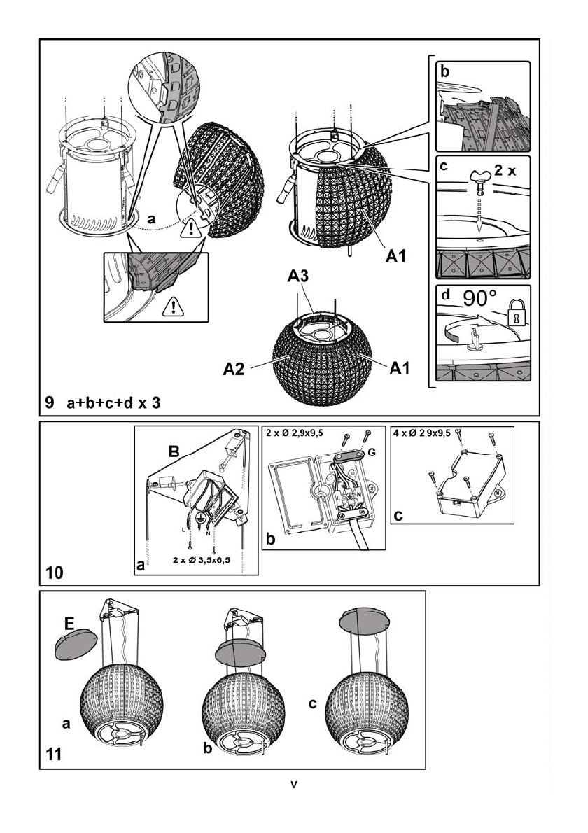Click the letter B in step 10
(x=175, y=453)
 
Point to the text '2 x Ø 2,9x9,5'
(x=300, y=433)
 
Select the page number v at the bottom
(x=294, y=783)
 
